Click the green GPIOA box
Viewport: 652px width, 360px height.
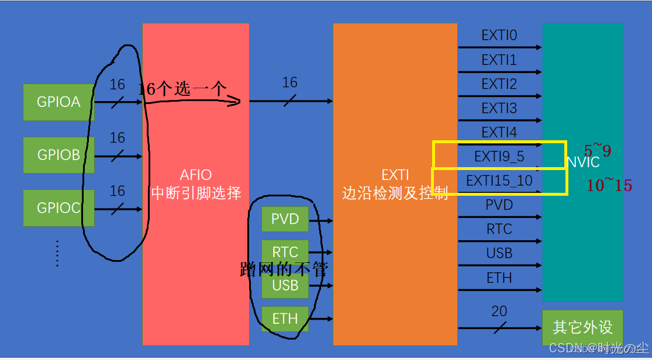tap(58, 102)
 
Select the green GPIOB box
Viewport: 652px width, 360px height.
tap(58, 155)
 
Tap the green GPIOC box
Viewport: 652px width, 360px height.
tap(58, 207)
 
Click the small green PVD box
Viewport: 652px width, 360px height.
tap(285, 219)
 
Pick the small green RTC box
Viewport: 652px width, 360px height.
tap(285, 252)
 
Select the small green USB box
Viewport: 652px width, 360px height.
tap(285, 285)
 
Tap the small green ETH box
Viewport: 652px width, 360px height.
tap(285, 319)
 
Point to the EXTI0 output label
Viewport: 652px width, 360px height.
tap(499, 36)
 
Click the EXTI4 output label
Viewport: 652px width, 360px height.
tap(499, 133)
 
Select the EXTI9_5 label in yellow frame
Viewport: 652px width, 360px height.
tap(499, 157)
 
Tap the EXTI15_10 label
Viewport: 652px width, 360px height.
tap(499, 181)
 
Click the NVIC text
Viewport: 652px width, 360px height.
tap(582, 162)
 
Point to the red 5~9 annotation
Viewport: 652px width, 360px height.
tap(597, 151)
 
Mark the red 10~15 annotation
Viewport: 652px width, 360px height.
tap(609, 186)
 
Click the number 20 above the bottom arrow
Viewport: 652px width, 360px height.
tap(499, 311)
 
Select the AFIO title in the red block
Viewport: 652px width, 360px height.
tap(196, 175)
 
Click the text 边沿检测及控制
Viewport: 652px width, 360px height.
tap(395, 193)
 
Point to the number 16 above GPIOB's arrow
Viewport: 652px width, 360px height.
tap(118, 138)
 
